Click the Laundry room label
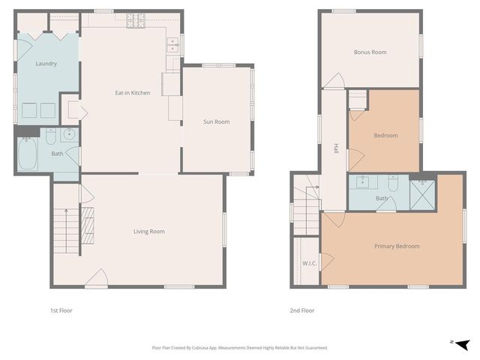46,64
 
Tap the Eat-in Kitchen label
133,93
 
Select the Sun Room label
217,121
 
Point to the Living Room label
149,232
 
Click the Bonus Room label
370,52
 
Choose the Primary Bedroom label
397,246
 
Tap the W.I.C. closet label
308,263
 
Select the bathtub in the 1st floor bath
28,154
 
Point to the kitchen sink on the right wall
173,48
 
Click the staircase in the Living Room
64,226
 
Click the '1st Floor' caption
61,310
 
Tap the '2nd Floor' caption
302,310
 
